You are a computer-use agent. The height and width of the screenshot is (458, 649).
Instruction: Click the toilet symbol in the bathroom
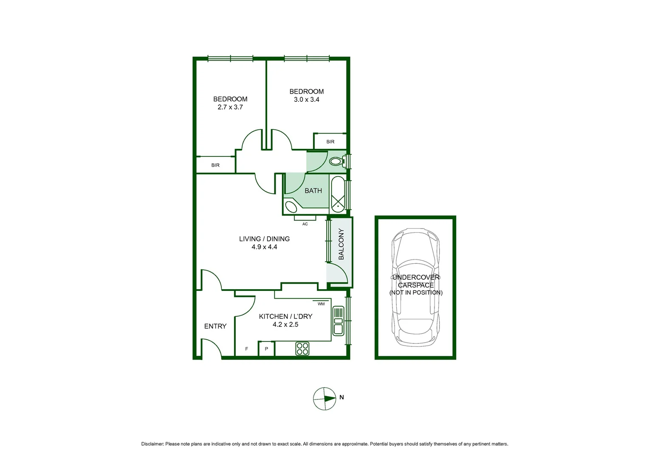337,161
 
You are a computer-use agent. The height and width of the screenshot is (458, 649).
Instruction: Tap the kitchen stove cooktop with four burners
302,349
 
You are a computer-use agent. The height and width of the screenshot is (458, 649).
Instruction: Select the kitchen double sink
338,321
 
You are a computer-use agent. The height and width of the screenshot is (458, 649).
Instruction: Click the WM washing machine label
321,304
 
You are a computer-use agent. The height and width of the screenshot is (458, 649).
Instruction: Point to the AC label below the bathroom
305,224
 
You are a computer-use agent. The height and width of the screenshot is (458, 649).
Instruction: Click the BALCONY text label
341,244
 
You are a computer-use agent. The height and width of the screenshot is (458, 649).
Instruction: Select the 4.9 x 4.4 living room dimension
264,247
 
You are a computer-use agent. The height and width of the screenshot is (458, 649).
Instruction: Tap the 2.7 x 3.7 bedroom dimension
230,107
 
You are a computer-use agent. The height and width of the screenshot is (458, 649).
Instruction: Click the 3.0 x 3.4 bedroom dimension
306,100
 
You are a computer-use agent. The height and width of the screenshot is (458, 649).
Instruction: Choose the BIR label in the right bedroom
330,142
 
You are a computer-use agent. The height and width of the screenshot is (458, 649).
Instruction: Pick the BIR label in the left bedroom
215,165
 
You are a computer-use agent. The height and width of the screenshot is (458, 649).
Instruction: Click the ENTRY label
215,326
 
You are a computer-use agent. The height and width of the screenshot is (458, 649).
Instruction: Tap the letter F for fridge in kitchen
246,349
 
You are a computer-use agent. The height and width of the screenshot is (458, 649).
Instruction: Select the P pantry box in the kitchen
266,349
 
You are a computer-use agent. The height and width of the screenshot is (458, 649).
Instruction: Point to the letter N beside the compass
341,397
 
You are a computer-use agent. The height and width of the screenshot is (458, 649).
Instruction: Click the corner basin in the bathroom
291,207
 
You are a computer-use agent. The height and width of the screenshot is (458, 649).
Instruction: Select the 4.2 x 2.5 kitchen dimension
285,324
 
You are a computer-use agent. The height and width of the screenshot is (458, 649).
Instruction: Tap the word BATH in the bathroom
313,191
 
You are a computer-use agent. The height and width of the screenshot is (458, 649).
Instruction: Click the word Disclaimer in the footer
152,444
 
